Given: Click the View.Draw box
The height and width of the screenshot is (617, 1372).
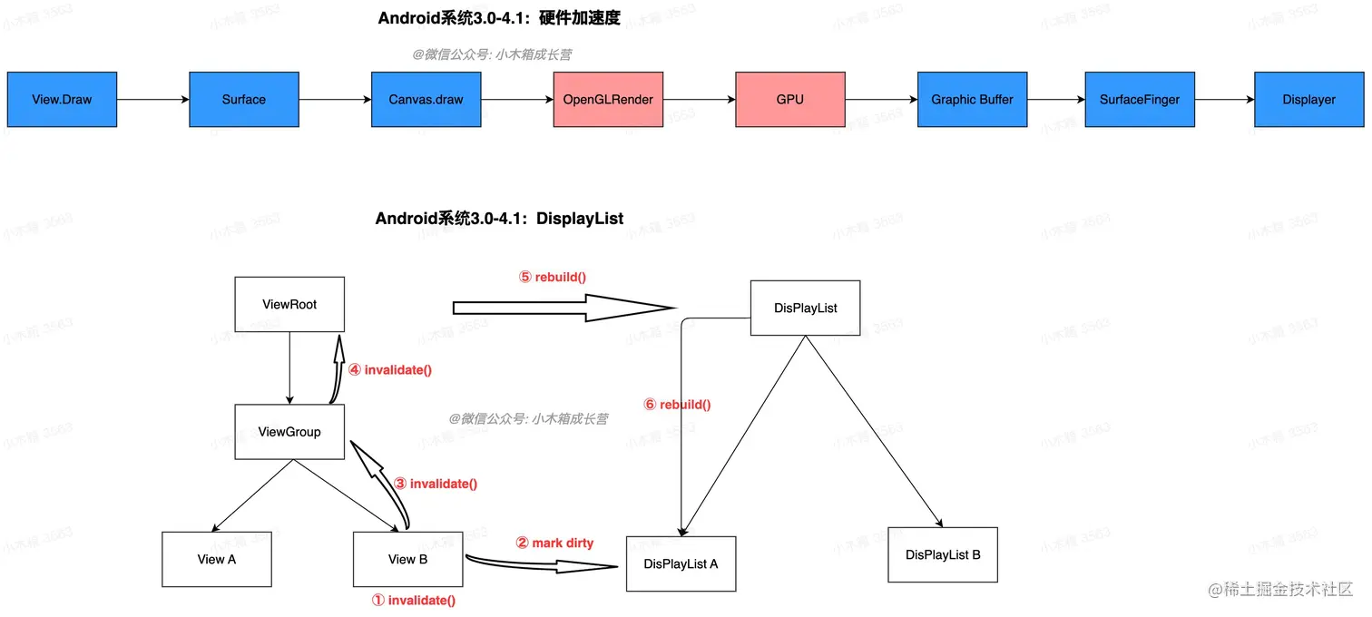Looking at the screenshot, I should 62,99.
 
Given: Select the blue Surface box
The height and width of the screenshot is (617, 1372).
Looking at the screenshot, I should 244,99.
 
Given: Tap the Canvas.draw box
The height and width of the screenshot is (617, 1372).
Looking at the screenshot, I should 426,99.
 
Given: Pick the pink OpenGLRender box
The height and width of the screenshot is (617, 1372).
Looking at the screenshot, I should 608,99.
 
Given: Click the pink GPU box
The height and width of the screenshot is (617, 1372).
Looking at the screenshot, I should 789,99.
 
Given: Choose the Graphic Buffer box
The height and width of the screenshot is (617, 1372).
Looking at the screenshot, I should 972,99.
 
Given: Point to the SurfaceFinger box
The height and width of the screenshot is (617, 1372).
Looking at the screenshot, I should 1140,99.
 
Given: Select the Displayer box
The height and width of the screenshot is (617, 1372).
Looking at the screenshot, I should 1308,99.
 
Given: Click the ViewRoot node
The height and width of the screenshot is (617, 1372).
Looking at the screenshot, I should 289,304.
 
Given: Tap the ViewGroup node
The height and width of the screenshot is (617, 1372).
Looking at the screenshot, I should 289,432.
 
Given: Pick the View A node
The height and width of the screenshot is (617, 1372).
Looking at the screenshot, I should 217,559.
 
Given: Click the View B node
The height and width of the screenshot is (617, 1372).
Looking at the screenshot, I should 407,559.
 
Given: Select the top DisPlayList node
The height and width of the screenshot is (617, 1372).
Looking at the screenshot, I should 805,308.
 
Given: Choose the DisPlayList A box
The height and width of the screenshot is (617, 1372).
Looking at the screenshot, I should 681,563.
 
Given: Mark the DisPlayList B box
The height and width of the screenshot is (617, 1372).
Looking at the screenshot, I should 943,554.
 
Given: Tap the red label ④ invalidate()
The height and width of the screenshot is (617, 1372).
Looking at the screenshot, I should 389,369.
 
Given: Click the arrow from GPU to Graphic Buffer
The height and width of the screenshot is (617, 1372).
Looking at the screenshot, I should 880,100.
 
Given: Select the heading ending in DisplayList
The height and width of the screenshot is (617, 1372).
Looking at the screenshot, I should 499,219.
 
